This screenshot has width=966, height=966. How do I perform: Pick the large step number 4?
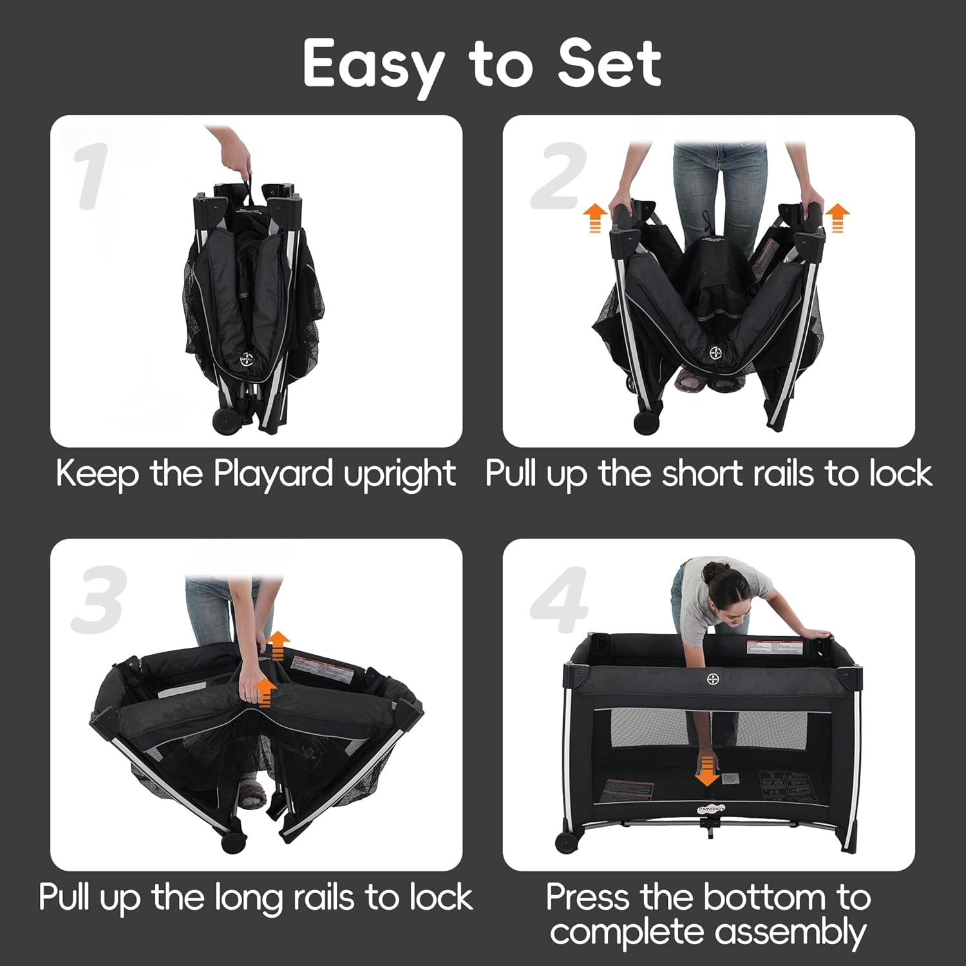click(559, 600)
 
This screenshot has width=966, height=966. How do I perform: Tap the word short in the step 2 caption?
click(703, 474)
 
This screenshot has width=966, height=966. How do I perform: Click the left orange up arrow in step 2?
click(595, 217)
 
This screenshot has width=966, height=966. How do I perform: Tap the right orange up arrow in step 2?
click(837, 217)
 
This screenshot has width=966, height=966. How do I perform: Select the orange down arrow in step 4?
click(707, 772)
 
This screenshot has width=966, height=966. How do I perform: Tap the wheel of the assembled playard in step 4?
click(567, 842)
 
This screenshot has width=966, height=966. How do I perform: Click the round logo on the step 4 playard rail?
click(713, 679)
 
